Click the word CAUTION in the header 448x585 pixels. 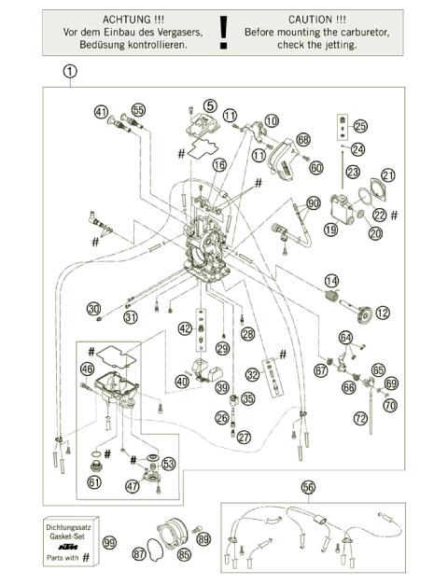pyautogui.click(x=316, y=19)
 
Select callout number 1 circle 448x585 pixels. pyautogui.click(x=70, y=71)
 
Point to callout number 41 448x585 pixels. pyautogui.click(x=101, y=111)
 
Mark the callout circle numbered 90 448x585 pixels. pyautogui.click(x=313, y=202)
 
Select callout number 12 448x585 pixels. pyautogui.click(x=383, y=313)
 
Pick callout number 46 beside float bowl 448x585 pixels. pyautogui.click(x=87, y=370)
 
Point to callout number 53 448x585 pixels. pyautogui.click(x=168, y=463)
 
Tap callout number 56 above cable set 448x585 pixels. pyautogui.click(x=309, y=487)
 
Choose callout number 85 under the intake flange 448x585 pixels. pyautogui.click(x=184, y=554)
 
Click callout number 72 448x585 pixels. pyautogui.click(x=360, y=419)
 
